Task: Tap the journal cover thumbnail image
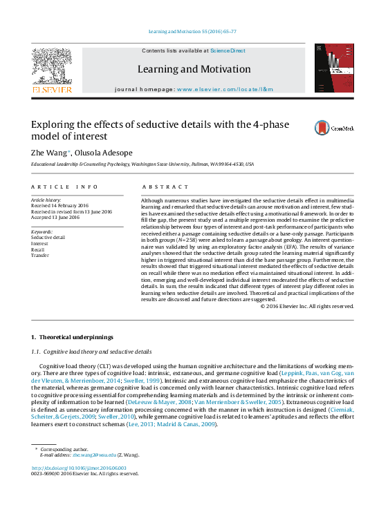[333, 68]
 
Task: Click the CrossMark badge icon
[334, 128]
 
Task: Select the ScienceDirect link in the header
[228, 50]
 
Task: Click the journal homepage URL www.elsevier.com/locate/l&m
[225, 89]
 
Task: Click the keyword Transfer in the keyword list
[41, 256]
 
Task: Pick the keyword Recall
[39, 249]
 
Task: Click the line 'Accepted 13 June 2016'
[56, 218]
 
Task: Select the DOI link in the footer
[80, 467]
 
